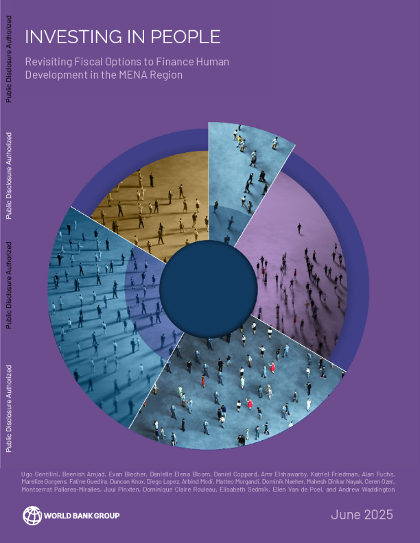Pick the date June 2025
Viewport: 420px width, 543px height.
[x=362, y=514]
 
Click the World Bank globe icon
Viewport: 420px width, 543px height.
[x=32, y=515]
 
